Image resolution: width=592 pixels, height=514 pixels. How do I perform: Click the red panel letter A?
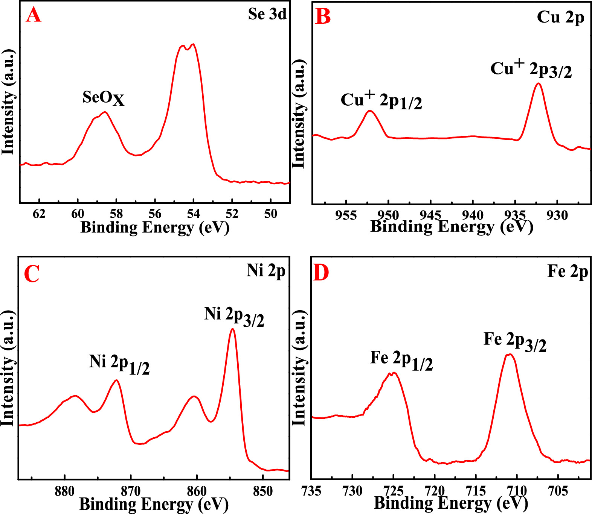33,16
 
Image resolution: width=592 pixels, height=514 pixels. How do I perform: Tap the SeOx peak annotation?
103,98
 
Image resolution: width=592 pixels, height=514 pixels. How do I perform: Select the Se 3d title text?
267,14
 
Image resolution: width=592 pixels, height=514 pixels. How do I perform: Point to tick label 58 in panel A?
116,214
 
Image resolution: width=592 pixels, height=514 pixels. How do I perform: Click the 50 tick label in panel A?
270,214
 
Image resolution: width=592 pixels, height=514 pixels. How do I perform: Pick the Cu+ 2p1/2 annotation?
381,100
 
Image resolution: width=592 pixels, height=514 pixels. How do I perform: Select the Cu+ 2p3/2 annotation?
531,69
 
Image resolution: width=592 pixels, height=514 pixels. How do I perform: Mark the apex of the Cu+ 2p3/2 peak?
538,83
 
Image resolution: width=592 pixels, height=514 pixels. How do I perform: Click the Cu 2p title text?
560,17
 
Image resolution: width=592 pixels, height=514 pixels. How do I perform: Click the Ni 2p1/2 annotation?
119,363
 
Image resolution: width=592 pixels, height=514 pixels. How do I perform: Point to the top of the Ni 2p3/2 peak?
232,329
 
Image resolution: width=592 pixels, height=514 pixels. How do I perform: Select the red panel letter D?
321,273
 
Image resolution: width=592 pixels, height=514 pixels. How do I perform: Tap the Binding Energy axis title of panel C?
154,504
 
